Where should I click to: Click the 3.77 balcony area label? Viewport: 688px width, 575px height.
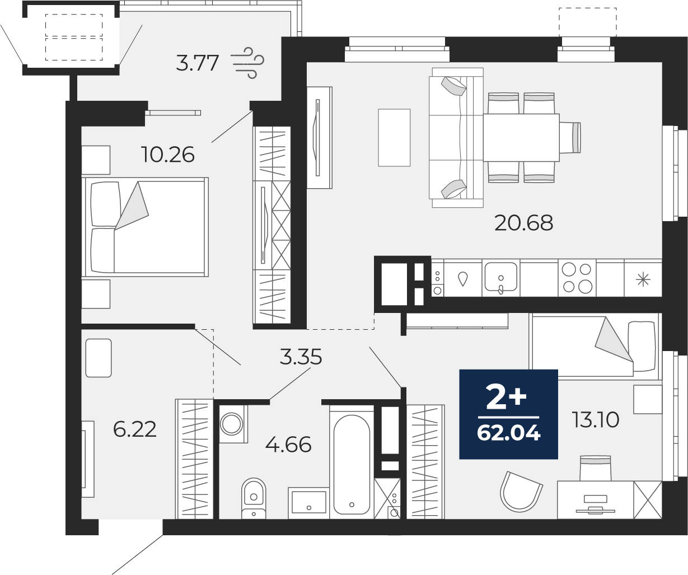tap(198, 63)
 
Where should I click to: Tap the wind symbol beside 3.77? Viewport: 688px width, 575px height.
tap(249, 63)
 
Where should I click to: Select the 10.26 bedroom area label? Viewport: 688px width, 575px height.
tap(168, 155)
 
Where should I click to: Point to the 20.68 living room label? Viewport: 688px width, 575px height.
tap(523, 223)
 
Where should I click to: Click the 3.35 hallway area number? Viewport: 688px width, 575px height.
tap(301, 357)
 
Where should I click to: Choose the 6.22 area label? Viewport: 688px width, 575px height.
tap(134, 429)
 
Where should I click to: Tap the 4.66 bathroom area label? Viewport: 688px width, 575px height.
tap(288, 445)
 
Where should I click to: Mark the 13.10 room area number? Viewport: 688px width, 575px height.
tap(596, 420)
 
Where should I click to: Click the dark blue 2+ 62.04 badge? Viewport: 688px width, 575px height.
tap(508, 414)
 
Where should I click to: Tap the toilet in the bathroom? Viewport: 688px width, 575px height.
tap(254, 498)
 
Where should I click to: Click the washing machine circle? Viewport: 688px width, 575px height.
tap(232, 424)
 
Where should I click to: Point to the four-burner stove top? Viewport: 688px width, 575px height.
tap(577, 278)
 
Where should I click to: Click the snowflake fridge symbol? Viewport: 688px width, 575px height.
tap(643, 280)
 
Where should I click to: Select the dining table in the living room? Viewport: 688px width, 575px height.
tap(521, 138)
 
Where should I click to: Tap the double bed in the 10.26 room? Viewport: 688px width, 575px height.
tap(145, 227)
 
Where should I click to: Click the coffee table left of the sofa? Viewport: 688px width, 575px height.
tap(394, 138)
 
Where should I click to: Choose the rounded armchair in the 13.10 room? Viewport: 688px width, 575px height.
tap(521, 492)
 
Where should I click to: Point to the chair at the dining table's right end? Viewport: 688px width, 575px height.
tap(570, 137)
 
